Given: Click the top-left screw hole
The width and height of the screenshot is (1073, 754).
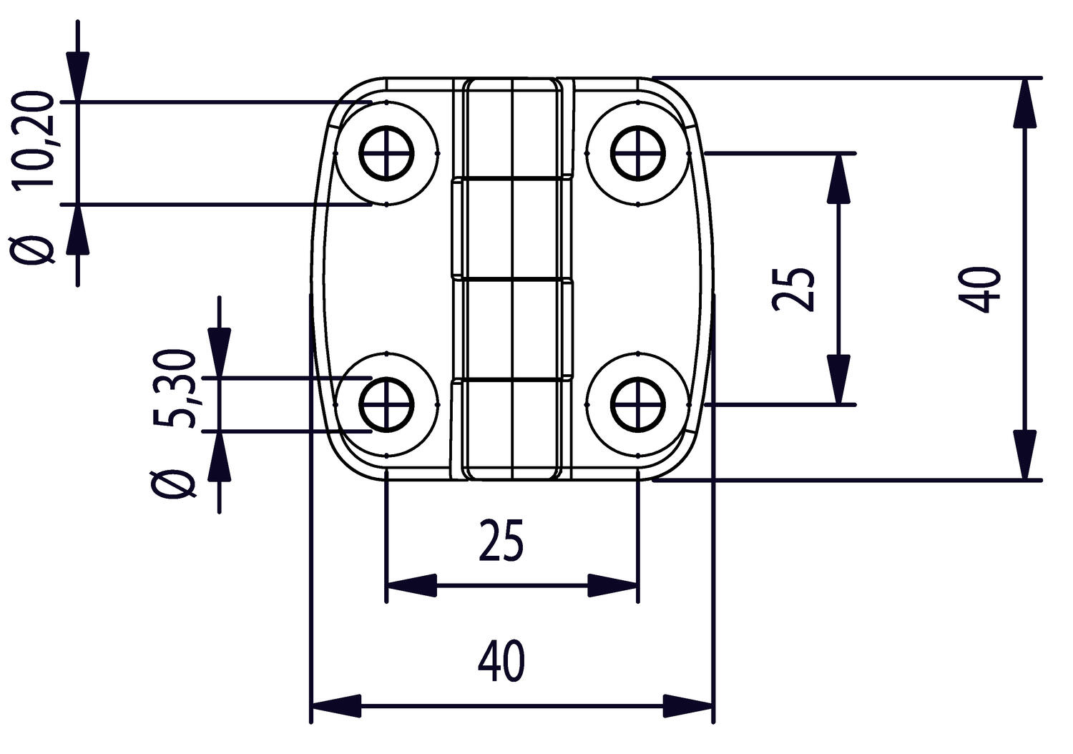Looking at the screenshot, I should [x=386, y=153].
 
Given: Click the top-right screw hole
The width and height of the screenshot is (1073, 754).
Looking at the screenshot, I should [x=638, y=153].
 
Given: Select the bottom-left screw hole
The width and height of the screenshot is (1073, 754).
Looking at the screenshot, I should [x=386, y=405].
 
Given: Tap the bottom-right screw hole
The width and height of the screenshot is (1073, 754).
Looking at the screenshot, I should [x=638, y=405].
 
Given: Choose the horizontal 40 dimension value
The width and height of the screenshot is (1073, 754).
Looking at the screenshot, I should [x=501, y=662].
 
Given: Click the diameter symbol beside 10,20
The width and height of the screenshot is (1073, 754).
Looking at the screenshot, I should [x=34, y=249].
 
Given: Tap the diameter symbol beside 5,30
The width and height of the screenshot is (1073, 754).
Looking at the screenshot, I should [x=173, y=484].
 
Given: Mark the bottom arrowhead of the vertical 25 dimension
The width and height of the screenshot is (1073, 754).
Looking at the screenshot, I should [x=838, y=379].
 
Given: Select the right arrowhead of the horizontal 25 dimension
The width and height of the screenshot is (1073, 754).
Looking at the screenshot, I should [x=612, y=585].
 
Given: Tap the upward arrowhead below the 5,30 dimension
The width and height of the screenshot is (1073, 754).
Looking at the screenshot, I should [x=219, y=458].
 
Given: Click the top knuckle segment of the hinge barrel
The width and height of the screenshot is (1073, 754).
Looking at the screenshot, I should [x=512, y=127].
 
